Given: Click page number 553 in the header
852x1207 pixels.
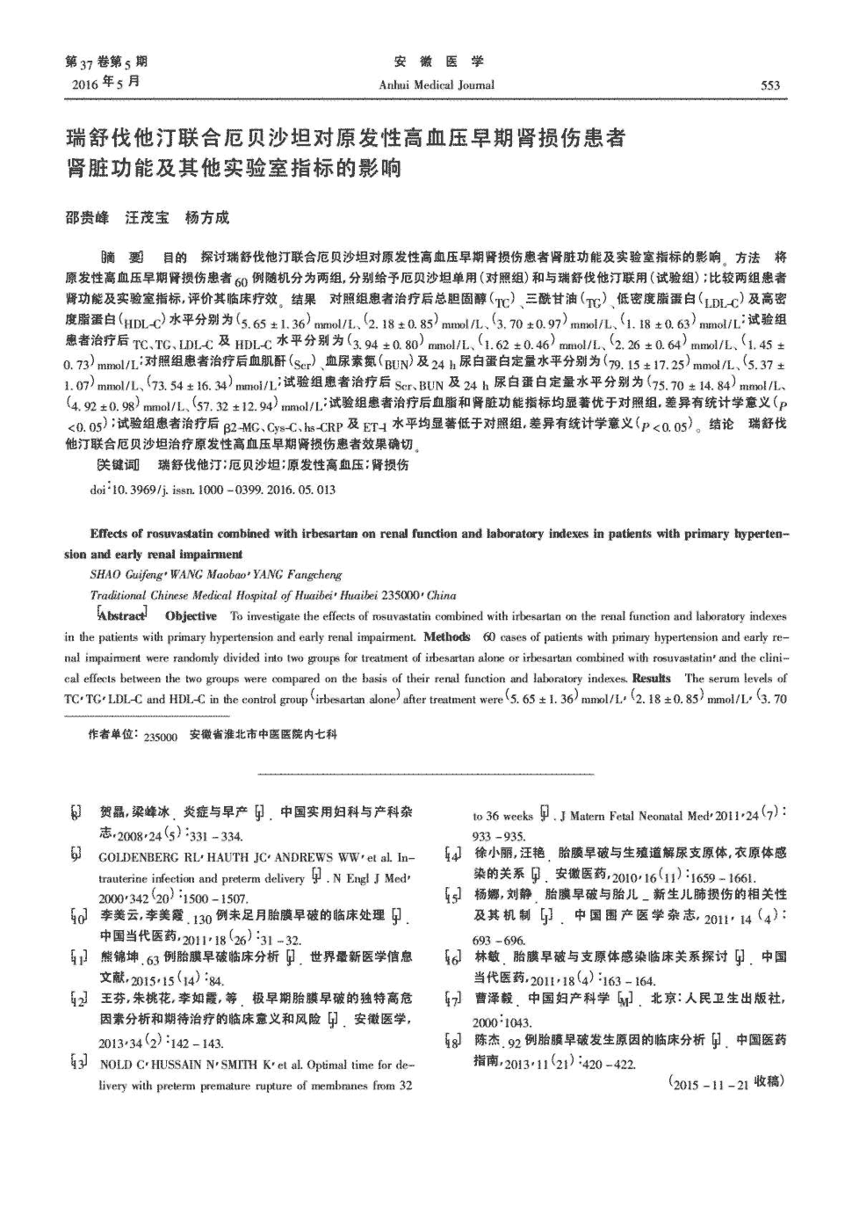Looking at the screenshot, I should tap(769, 85).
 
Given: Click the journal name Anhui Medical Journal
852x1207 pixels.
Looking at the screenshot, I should tap(437, 85).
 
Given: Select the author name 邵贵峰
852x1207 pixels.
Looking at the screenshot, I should tap(88, 217).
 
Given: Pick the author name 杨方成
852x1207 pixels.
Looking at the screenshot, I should tap(207, 217).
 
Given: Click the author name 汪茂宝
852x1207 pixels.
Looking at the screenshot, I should tap(147, 217).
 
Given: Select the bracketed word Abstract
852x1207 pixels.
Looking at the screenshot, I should tap(122, 615).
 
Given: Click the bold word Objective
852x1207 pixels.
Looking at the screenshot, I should tap(191, 616).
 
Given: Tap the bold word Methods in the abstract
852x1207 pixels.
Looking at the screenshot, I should tap(447, 636).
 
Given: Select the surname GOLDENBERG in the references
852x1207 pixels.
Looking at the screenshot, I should tap(141, 856).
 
